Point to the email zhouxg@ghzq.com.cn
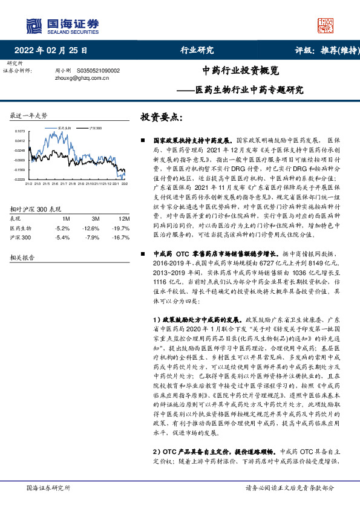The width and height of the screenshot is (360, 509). (75, 78)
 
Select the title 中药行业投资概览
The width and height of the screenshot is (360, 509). (241, 70)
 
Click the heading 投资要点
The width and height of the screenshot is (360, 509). (160, 116)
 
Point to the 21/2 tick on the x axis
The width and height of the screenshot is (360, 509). (28, 183)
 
